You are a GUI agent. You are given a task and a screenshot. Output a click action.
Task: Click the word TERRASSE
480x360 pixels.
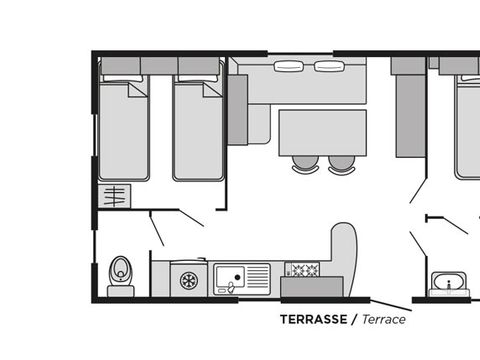pos(313,319)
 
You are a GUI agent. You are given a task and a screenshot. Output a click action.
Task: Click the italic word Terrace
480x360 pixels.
pos(384,319)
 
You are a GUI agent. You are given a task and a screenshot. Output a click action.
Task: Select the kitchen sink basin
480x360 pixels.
pos(229,277)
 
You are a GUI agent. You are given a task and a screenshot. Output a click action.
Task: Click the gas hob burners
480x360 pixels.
pos(303,269)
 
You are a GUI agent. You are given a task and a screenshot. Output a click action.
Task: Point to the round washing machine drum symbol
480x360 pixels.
pos(189,280)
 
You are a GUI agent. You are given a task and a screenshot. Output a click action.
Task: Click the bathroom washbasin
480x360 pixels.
pos(449,282)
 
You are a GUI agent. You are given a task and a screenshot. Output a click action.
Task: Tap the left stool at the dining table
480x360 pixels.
pos(305,164)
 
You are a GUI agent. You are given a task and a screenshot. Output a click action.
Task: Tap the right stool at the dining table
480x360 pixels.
pos(342,164)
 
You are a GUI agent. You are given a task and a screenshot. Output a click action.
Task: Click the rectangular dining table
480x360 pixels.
pos(323,133)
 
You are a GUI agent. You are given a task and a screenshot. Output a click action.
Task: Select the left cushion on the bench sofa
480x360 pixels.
pos(289,66)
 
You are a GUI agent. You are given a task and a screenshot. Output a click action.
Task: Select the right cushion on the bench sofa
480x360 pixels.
pos(329,66)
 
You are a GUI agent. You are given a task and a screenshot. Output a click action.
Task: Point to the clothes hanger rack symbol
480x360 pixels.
pos(114,196)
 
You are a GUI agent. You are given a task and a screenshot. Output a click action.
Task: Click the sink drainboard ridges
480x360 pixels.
pos(258,277)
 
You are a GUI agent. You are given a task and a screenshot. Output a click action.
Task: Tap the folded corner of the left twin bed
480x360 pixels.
pos(137,90)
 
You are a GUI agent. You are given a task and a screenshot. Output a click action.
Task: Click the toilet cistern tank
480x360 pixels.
pos(121,291)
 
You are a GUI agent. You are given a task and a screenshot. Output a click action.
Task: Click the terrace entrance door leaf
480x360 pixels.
pos(391,305)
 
